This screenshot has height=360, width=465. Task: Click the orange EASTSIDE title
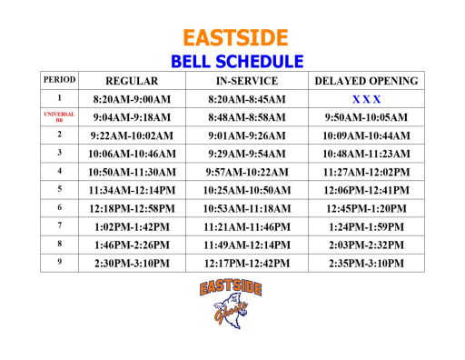pyautogui.click(x=235, y=37)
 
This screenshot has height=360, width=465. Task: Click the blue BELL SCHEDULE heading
pyautogui.click(x=235, y=62)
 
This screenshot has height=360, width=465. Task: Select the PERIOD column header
pyautogui.click(x=59, y=80)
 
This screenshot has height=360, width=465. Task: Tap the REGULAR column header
pyautogui.click(x=133, y=81)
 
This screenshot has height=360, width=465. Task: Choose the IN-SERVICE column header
pyautogui.click(x=247, y=81)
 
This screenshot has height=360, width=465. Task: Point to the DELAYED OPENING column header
pyautogui.click(x=366, y=81)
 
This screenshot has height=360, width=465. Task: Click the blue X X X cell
pyautogui.click(x=366, y=98)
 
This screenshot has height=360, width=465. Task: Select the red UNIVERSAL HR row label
pyautogui.click(x=59, y=116)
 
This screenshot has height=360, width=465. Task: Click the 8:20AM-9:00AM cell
pyautogui.click(x=133, y=98)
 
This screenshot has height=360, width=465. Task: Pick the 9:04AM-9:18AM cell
pyautogui.click(x=133, y=117)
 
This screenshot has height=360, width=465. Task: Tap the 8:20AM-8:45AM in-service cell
pyautogui.click(x=247, y=98)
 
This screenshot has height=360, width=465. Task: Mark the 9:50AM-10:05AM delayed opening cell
pyautogui.click(x=366, y=117)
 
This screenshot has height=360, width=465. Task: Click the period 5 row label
pyautogui.click(x=59, y=189)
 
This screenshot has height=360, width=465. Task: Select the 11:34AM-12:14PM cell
pyautogui.click(x=133, y=190)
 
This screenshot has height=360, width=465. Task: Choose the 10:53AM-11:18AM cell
pyautogui.click(x=247, y=208)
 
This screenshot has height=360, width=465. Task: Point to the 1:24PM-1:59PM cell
pyautogui.click(x=366, y=226)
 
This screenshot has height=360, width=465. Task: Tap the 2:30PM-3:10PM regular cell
pyautogui.click(x=133, y=263)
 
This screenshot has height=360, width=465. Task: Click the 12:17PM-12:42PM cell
pyautogui.click(x=247, y=263)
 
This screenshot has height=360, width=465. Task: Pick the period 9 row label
pyautogui.click(x=59, y=262)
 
